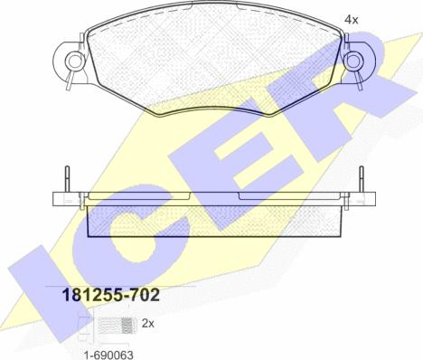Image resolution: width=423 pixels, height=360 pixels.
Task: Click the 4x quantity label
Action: pyautogui.click(x=351, y=20)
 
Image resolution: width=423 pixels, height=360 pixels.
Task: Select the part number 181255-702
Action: pyautogui.click(x=110, y=295)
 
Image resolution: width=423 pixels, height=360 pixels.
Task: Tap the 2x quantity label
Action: pyautogui.click(x=147, y=324)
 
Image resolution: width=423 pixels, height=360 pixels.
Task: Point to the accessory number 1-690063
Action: pyautogui.click(x=108, y=355)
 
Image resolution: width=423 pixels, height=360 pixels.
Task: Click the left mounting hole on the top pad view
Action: pyautogui.click(x=74, y=61)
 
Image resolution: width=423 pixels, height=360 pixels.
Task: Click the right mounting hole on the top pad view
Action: pyautogui.click(x=354, y=61)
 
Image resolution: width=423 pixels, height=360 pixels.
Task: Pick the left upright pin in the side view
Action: pyautogui.click(x=67, y=179)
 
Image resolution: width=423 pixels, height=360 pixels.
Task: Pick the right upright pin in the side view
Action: pyautogui.click(x=362, y=179)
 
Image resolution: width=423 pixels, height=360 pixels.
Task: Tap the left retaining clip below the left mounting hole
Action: pyautogui.click(x=70, y=80)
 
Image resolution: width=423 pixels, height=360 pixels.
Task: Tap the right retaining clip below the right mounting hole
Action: pyautogui.click(x=358, y=80)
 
